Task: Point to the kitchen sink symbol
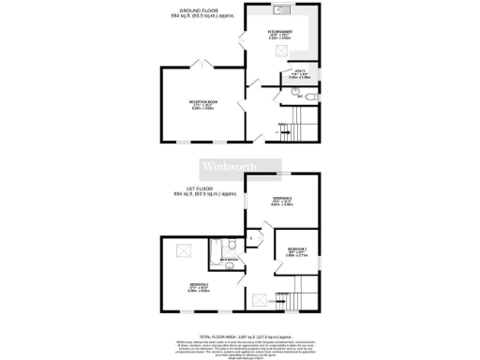click(280, 11)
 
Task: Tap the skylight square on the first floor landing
click(260, 300)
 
